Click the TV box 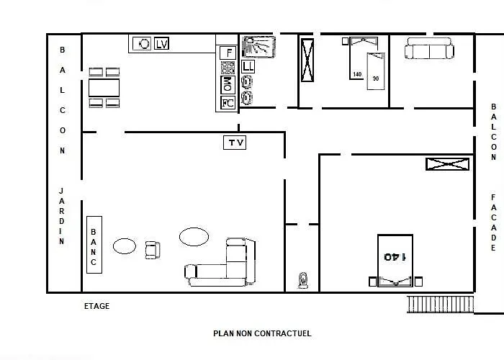tap(235, 143)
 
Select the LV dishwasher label tap(161, 43)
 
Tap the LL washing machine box tap(248, 66)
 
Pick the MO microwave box tap(228, 84)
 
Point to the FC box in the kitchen tap(228, 103)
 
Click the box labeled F tap(228, 53)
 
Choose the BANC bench tap(94, 245)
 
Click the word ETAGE tap(96, 306)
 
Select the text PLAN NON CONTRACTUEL tap(262, 333)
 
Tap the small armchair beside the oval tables tap(153, 250)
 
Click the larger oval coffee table tap(194, 237)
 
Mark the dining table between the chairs tap(104, 88)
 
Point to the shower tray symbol tap(258, 47)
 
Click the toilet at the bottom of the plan tap(303, 280)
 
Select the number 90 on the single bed tap(376, 78)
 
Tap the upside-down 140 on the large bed tap(395, 257)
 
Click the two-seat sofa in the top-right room tap(429, 48)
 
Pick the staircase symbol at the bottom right tap(441, 304)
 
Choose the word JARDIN tap(61, 216)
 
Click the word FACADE tap(493, 222)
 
